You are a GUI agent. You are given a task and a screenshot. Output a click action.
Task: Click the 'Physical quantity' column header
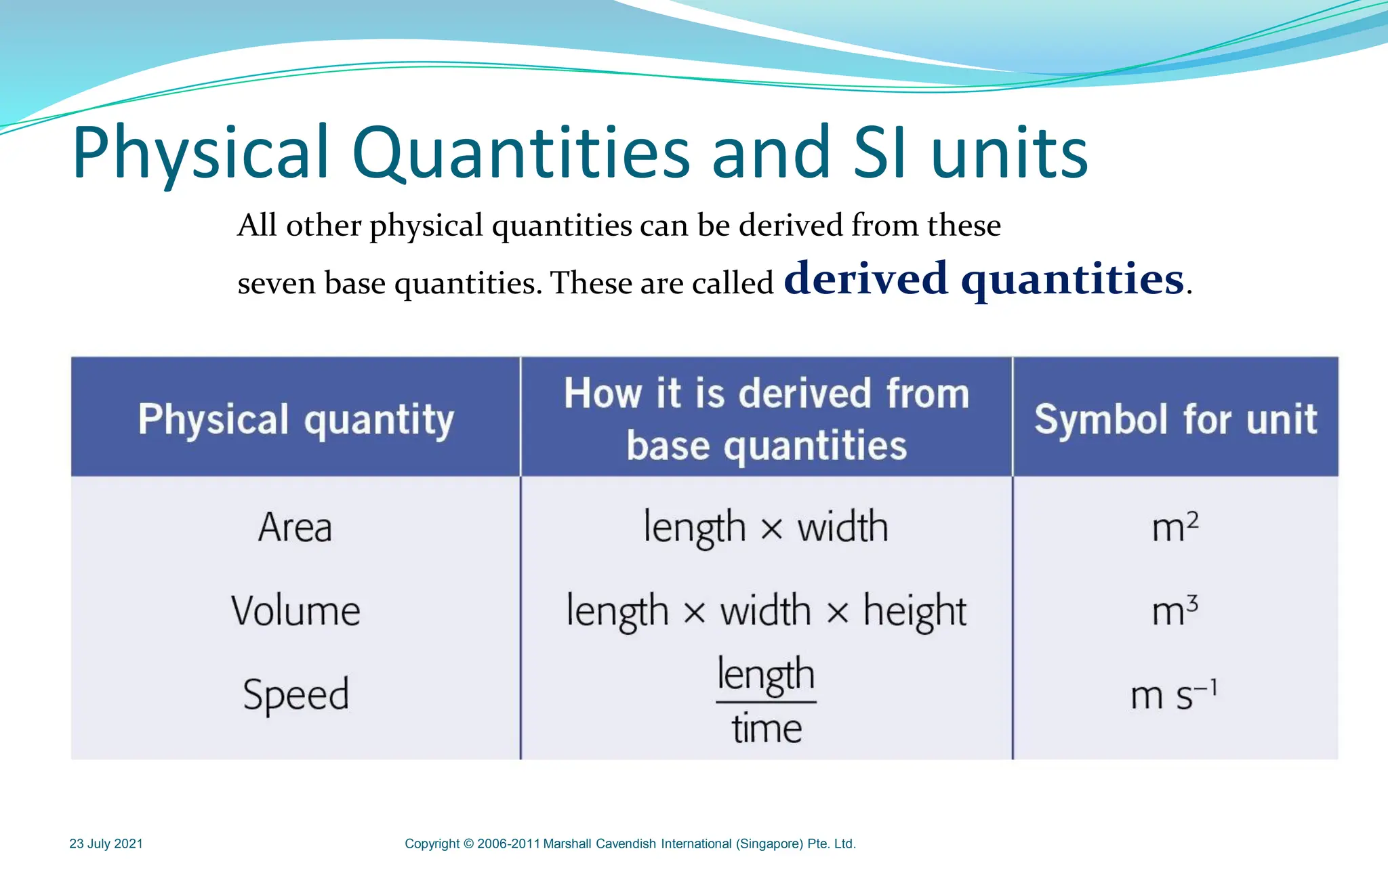pyautogui.click(x=295, y=419)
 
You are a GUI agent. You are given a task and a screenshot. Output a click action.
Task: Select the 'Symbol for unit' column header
pyautogui.click(x=1175, y=419)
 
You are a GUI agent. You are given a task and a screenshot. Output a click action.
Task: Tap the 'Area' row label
pyautogui.click(x=295, y=527)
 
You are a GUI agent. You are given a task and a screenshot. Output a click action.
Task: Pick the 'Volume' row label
pyautogui.click(x=295, y=610)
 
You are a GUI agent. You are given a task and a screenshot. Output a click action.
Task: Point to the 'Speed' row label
pyautogui.click(x=295, y=694)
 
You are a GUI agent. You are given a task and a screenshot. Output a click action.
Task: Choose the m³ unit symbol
pyautogui.click(x=1175, y=610)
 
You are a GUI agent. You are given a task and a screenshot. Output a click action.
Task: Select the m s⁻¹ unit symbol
pyautogui.click(x=1174, y=694)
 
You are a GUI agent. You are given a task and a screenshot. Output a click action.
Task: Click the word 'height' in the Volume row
pyautogui.click(x=914, y=611)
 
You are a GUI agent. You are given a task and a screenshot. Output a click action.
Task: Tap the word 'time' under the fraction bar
pyautogui.click(x=767, y=729)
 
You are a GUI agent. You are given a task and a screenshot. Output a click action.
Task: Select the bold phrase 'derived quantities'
pyautogui.click(x=984, y=278)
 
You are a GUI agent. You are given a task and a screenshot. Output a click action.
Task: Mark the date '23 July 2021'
pyautogui.click(x=106, y=844)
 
